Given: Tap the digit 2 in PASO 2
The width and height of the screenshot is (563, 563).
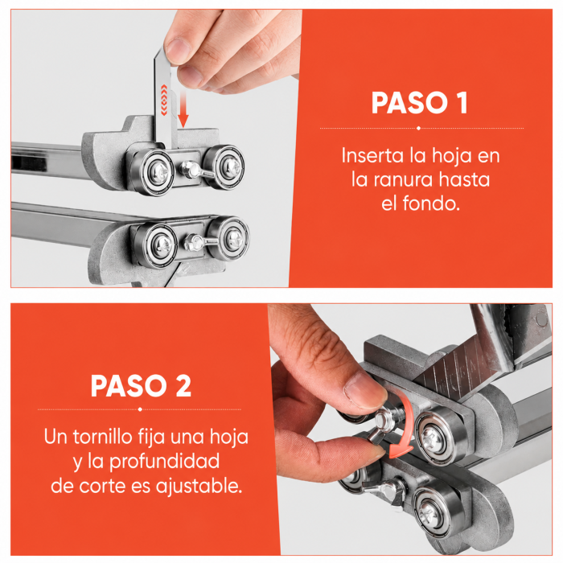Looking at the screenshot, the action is coord(183,386).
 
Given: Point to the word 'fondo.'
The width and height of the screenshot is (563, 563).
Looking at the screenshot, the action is coord(431,203).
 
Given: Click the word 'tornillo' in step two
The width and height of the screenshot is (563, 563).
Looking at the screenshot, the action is coord(103,437).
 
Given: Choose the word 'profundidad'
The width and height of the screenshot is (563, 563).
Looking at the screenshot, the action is coord(164,462).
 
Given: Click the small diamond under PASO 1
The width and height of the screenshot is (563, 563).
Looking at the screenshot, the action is coord(418,128).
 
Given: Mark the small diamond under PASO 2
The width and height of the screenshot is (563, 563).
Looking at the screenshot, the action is coord(140,409).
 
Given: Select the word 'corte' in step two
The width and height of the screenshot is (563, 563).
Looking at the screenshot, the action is coord(103,487).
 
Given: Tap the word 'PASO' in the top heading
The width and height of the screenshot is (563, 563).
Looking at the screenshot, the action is coord(409,103).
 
